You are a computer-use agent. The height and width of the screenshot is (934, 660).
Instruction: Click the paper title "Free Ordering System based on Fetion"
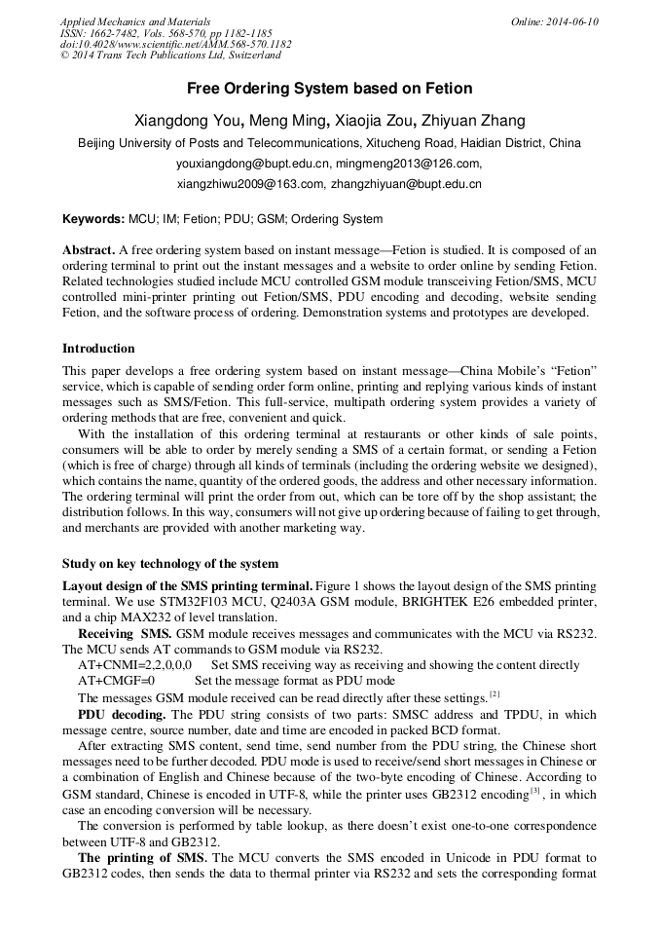pyautogui.click(x=329, y=89)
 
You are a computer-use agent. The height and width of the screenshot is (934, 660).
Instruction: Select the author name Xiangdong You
pyautogui.click(x=187, y=121)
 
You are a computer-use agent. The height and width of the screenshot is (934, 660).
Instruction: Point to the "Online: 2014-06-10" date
pyautogui.click(x=555, y=21)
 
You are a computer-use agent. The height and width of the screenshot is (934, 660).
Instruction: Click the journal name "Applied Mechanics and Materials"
pyautogui.click(x=134, y=21)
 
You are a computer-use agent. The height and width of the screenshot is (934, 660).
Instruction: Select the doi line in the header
pyautogui.click(x=175, y=45)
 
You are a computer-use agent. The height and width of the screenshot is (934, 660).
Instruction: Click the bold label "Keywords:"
pyautogui.click(x=93, y=219)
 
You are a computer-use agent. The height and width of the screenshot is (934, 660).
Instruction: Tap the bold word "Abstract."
pyautogui.click(x=90, y=250)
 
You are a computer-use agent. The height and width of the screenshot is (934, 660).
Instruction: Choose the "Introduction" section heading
pyautogui.click(x=98, y=349)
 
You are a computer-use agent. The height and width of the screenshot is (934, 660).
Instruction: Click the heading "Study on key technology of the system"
pyautogui.click(x=169, y=563)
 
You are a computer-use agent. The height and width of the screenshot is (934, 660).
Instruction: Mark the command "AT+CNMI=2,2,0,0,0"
pyautogui.click(x=134, y=665)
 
